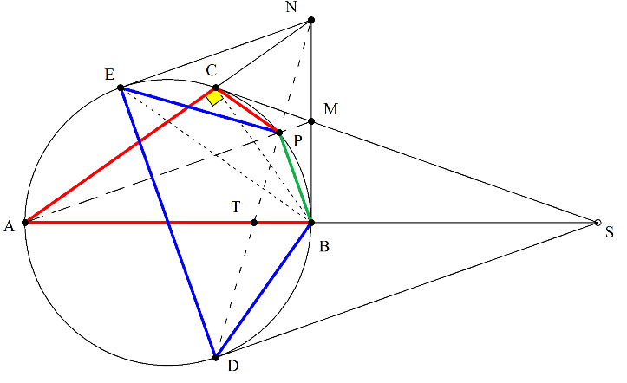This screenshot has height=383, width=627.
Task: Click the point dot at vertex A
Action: click(25, 223)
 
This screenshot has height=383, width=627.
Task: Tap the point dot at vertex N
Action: click(311, 20)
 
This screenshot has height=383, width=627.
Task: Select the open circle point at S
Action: click(598, 223)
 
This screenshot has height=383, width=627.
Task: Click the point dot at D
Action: click(216, 357)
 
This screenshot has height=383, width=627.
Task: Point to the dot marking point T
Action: click(254, 223)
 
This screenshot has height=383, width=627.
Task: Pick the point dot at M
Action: click(311, 121)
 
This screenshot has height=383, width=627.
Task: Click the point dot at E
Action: click(121, 88)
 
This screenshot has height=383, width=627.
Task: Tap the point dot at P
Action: click(279, 133)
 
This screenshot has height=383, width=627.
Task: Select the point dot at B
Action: click(311, 223)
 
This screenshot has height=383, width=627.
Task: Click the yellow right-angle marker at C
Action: click(215, 97)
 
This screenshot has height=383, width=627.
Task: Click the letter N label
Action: click(291, 7)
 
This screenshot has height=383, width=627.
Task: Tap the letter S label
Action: click(610, 232)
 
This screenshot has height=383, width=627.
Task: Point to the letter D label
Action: click(233, 366)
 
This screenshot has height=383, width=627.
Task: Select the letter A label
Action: click(9, 226)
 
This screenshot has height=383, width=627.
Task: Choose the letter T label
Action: click(236, 207)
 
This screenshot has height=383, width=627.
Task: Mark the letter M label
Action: click(331, 109)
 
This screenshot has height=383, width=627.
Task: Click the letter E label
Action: click(109, 75)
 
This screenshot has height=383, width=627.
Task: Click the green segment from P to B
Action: click(295, 178)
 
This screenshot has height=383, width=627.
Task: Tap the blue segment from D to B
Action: click(264, 290)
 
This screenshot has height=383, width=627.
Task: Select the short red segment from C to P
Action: click(247, 110)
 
